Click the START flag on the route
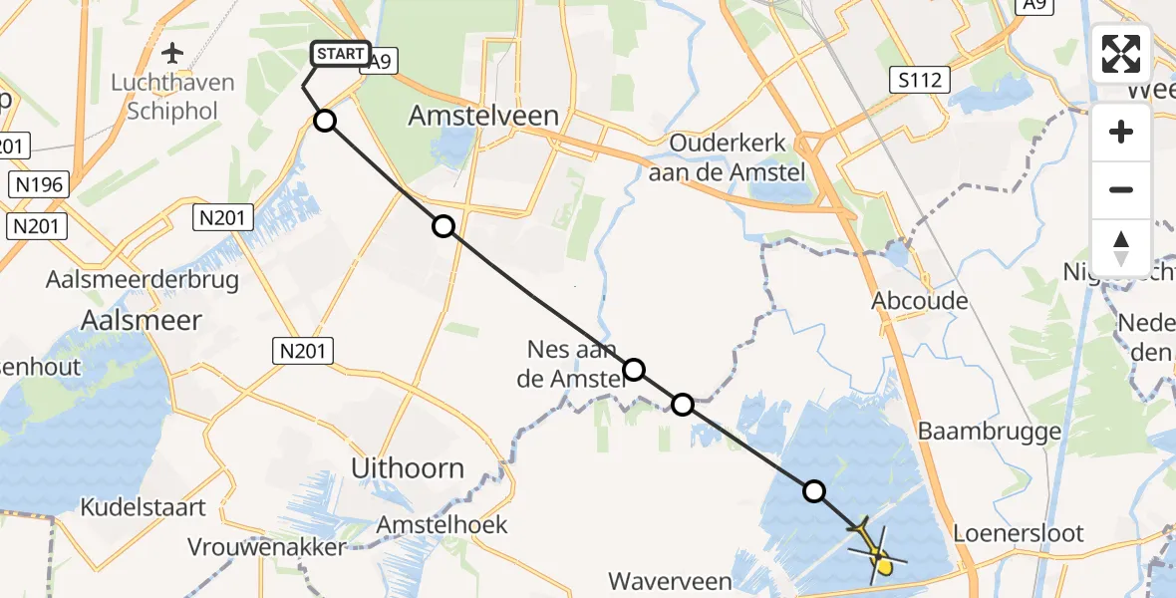pos(341,54)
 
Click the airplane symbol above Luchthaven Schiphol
pos(173,52)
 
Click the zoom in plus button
pos(1121,132)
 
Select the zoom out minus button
pos(1121,189)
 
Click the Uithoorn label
pos(408,467)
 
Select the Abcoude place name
pos(920,300)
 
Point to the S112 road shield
pos(918,80)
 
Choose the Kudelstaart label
pos(143,507)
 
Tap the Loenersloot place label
pos(1019,532)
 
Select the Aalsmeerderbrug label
pos(143,279)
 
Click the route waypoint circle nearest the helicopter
pos(814,490)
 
